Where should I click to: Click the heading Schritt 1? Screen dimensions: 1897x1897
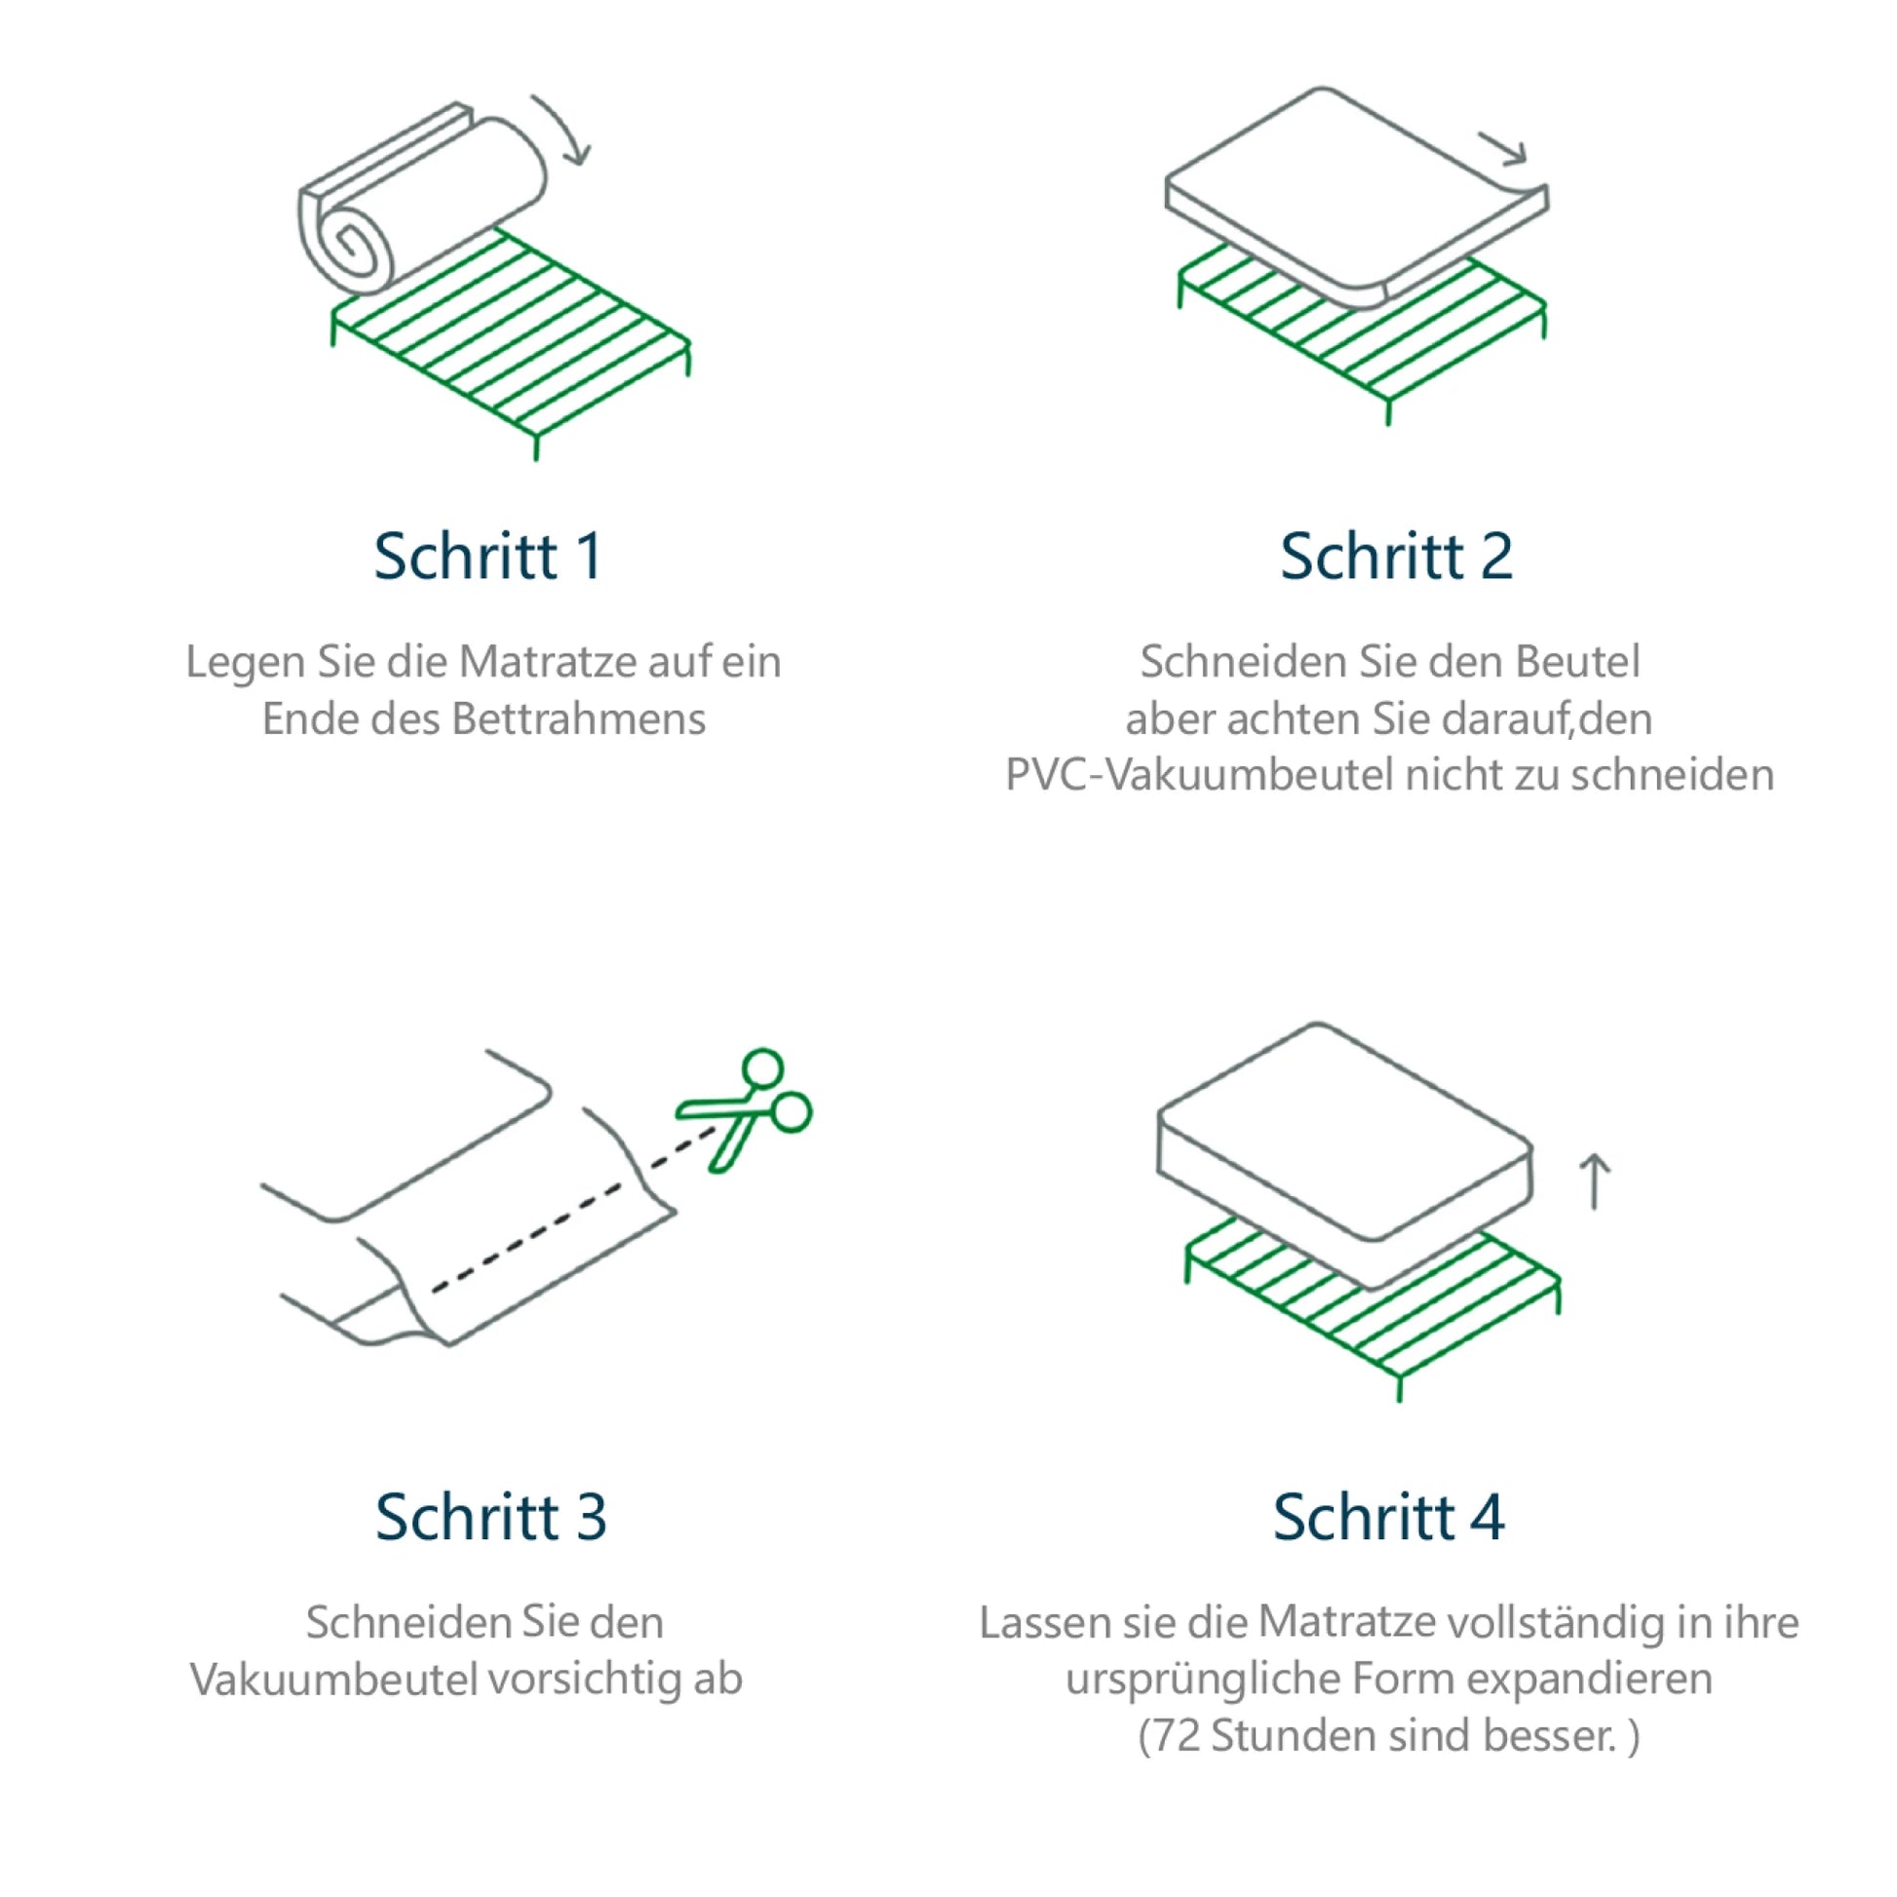(x=488, y=557)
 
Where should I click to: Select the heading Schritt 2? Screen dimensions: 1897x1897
(x=1396, y=557)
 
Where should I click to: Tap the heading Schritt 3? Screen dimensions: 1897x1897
(x=491, y=1517)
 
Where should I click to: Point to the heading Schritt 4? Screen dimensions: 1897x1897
(x=1388, y=1517)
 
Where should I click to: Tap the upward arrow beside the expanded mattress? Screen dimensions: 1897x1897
(x=1595, y=1181)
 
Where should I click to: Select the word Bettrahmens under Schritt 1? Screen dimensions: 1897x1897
(x=578, y=718)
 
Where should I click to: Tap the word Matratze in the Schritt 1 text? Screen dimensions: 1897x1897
(x=553, y=662)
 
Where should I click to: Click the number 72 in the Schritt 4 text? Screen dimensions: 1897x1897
(x=1177, y=1736)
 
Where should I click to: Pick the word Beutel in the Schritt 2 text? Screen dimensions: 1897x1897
(x=1577, y=662)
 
